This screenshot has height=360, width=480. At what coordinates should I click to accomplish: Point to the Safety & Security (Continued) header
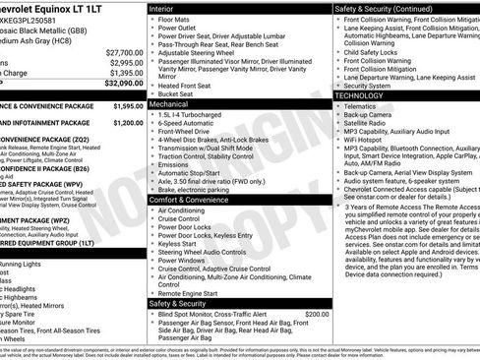389,8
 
